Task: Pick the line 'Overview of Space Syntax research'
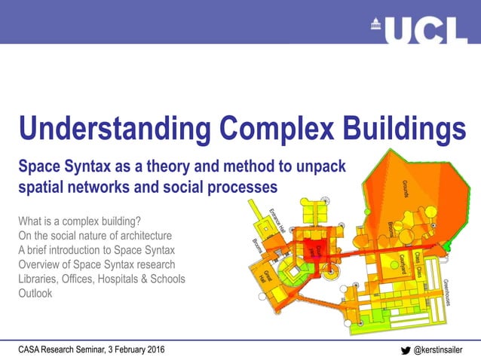pos(97,264)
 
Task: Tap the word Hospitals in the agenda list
pos(126,279)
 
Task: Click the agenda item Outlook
pos(35,293)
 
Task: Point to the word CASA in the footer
pos(32,349)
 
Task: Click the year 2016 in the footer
pos(152,349)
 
